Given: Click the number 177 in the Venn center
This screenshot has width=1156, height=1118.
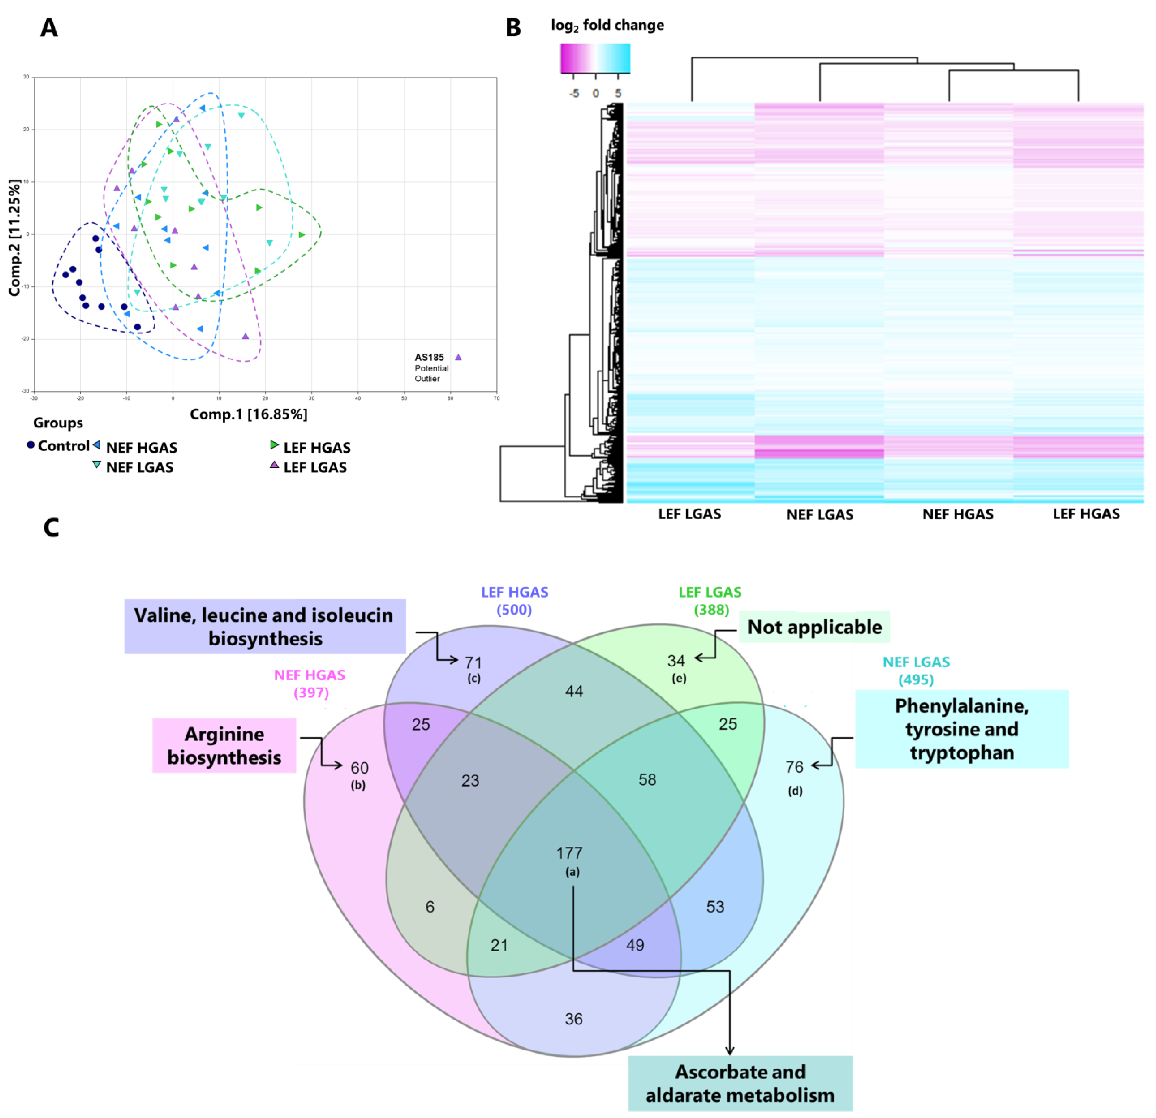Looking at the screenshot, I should [x=569, y=853].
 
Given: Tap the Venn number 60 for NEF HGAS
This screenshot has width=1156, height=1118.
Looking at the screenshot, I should [x=359, y=768].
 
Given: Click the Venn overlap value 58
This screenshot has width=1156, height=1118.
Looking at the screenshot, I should [x=647, y=779].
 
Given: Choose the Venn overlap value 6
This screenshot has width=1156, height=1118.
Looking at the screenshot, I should [x=430, y=906].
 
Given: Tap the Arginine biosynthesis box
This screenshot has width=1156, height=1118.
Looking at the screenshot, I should [x=224, y=745].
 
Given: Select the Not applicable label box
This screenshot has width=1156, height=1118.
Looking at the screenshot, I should [x=814, y=627].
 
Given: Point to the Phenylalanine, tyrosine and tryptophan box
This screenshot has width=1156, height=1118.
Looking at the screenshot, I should [x=961, y=729].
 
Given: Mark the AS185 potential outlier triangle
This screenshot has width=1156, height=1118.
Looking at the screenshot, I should [x=458, y=357].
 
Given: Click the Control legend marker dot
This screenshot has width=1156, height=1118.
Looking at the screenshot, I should [x=31, y=445].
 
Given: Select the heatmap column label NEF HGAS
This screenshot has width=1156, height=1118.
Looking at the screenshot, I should [x=958, y=514].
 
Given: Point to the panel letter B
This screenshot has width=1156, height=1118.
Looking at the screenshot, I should [x=513, y=28].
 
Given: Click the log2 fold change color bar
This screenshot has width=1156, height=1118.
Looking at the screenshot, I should [x=595, y=58].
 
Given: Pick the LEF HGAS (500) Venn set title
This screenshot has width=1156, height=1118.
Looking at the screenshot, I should [x=514, y=600].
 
